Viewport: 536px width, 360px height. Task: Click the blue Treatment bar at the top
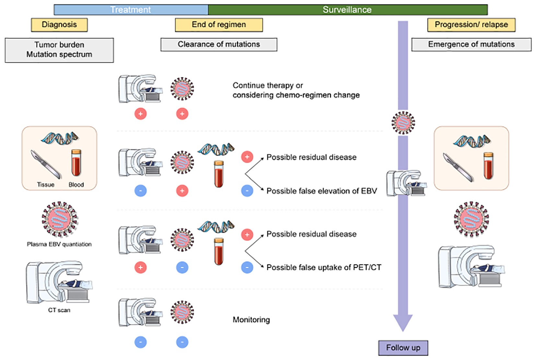tap(131, 10)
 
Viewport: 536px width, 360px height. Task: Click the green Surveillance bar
tap(347, 10)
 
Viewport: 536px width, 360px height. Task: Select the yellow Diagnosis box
tap(59, 25)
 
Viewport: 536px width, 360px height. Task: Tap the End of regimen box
tap(219, 25)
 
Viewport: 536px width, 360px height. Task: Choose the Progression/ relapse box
tap(471, 25)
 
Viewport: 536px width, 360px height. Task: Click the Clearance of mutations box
tap(219, 44)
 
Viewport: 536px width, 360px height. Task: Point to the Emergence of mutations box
tap(471, 44)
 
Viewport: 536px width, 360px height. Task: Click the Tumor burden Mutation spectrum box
tap(59, 50)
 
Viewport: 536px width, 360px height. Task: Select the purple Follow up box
tap(403, 348)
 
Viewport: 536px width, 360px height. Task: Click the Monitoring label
tap(251, 320)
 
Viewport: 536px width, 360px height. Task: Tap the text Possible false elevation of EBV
tap(321, 191)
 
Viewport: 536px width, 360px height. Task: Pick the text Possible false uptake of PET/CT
tap(324, 268)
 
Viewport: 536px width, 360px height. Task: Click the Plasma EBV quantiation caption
tap(59, 244)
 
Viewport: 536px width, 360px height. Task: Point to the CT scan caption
tap(59, 310)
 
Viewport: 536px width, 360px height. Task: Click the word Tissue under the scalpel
tap(46, 185)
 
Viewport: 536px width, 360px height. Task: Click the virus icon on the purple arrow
tap(403, 123)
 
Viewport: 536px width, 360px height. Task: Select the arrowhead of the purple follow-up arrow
tap(403, 322)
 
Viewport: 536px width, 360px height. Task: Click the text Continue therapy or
tap(268, 86)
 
